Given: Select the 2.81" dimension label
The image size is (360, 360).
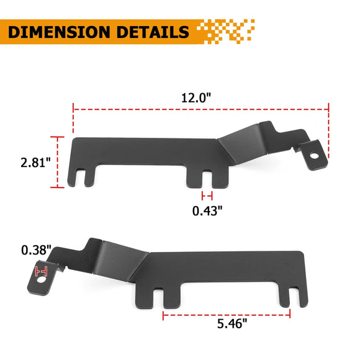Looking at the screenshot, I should pos(34,163).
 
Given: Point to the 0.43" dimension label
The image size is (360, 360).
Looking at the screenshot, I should pos(207,210).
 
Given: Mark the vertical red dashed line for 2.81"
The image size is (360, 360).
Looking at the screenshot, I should pos(60,162).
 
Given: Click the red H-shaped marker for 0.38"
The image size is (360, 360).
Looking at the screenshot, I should pos(43,271).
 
